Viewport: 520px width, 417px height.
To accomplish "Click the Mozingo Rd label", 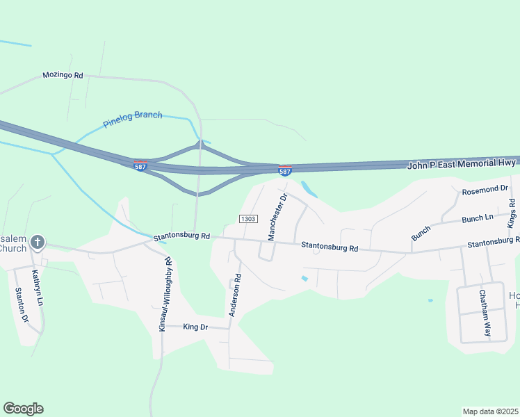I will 63,75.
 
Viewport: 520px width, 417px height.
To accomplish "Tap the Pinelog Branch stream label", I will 132,120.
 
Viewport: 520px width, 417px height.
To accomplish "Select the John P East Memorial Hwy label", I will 462,163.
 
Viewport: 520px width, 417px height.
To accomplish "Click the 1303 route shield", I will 248,219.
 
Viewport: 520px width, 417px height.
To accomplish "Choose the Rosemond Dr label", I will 485,189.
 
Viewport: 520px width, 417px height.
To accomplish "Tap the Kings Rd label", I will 512,213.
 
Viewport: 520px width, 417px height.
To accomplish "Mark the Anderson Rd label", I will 236,295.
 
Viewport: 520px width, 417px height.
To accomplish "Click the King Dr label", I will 195,327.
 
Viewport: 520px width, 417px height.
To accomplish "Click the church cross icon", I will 38,243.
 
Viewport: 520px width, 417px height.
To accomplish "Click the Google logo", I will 23,409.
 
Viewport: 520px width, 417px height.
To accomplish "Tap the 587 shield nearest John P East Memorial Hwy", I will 285,171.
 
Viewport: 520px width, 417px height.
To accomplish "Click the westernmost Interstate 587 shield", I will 140,167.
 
